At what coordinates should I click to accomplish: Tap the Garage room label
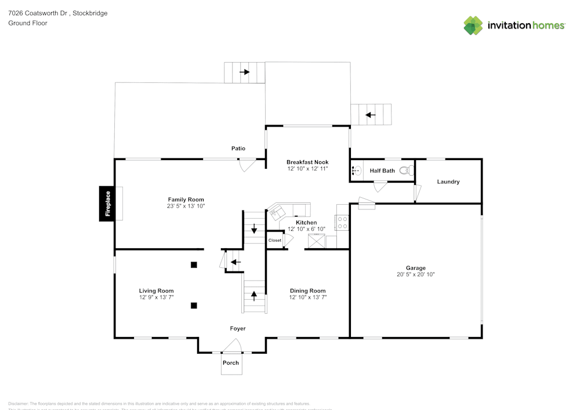415,268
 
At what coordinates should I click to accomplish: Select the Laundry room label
448,182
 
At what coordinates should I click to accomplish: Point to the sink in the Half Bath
356,170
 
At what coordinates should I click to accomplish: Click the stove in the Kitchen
342,223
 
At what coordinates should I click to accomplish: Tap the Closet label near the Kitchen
274,240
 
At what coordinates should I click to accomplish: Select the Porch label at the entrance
231,363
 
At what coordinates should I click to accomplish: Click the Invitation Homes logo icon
473,26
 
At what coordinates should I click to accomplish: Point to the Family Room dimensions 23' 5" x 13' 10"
186,206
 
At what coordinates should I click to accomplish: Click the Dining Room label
307,291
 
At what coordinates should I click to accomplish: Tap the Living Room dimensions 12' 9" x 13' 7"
156,297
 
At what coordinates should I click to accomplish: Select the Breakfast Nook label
307,162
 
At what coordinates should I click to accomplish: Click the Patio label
238,148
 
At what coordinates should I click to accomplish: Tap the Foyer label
238,328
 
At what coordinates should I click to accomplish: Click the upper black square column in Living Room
194,265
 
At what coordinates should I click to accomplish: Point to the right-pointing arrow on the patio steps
245,72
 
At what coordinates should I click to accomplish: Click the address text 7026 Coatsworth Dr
38,13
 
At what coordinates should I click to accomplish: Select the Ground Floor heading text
28,23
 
